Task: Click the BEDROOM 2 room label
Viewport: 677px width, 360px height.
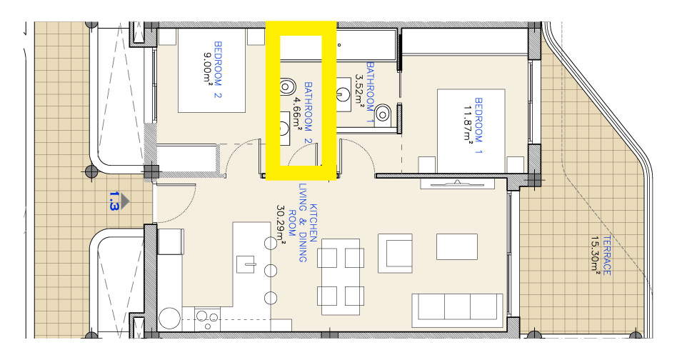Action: [218, 69]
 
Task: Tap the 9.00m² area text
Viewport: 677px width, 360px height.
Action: [207, 67]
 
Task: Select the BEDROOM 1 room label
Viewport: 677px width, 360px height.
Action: [478, 126]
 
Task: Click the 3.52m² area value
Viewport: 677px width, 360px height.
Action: [359, 89]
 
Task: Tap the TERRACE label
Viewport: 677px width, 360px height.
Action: [606, 256]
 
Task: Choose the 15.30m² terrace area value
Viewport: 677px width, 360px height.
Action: [596, 255]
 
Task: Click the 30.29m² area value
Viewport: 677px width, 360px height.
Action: [281, 224]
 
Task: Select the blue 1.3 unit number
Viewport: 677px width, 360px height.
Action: [113, 201]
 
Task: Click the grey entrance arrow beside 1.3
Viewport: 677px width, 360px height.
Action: [125, 201]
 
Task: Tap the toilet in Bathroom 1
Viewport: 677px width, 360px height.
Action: [383, 114]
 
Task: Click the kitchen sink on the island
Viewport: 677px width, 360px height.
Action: [246, 264]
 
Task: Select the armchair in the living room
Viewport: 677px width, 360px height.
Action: [395, 254]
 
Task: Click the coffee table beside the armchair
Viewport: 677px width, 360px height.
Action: [457, 246]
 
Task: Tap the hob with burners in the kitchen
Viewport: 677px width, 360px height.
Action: [207, 319]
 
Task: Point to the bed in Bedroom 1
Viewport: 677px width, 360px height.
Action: [471, 131]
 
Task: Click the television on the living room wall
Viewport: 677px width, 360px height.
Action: [457, 184]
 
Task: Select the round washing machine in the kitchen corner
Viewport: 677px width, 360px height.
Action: [169, 319]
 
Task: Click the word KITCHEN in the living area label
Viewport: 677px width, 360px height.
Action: [314, 223]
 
